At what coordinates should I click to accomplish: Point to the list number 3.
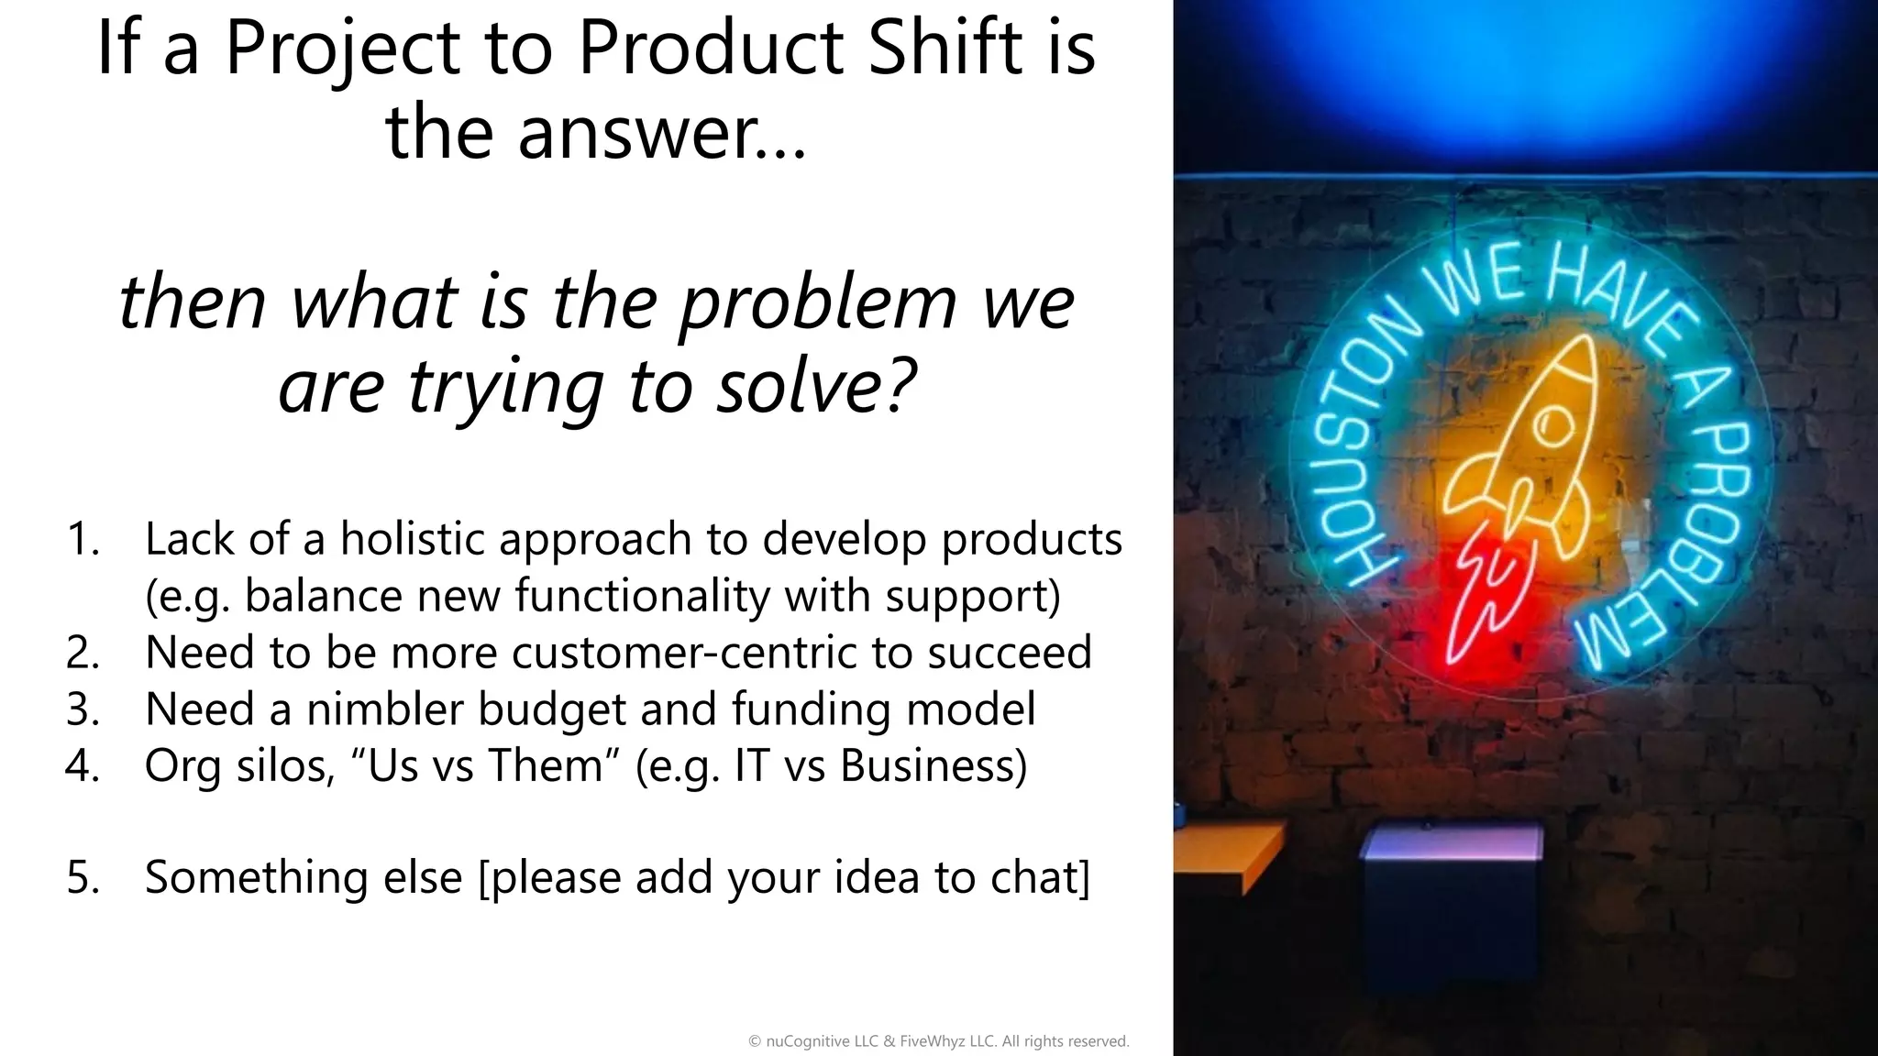click(83, 709)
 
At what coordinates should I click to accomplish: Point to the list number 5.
click(83, 877)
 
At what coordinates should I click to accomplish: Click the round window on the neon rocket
click(1553, 427)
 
